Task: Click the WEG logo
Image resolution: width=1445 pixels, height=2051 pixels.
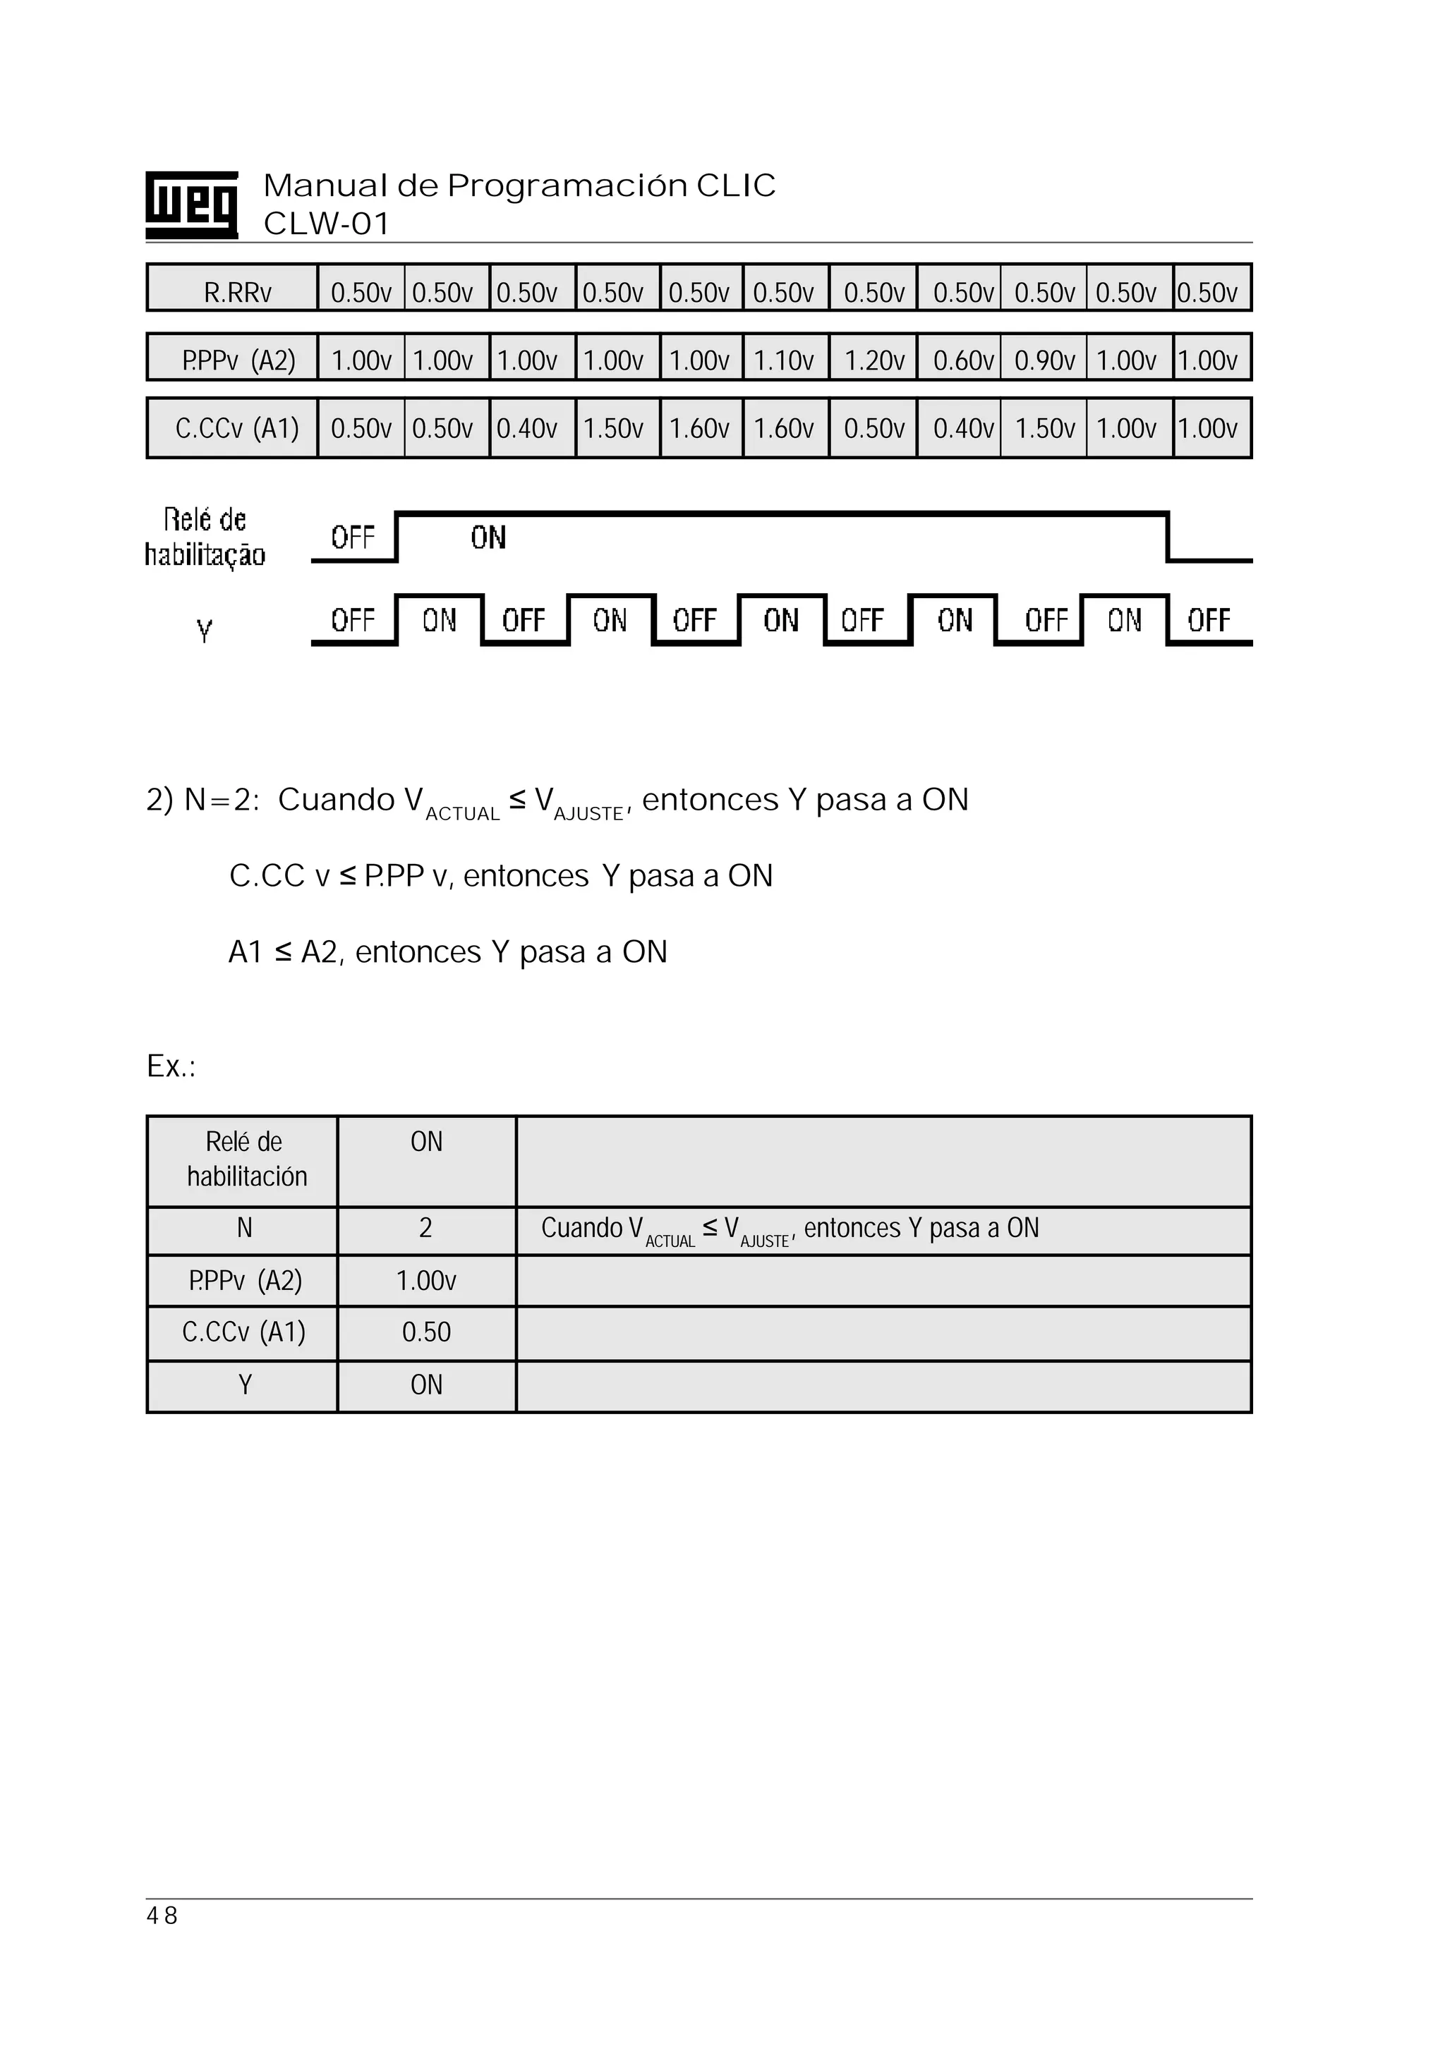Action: [191, 205]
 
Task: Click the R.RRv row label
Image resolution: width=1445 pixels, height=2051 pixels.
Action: [237, 292]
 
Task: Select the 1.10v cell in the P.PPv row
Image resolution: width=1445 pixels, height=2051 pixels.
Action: [784, 360]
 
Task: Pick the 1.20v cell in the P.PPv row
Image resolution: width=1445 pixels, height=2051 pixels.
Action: [874, 360]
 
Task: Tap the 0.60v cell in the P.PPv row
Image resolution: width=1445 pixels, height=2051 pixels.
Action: [962, 360]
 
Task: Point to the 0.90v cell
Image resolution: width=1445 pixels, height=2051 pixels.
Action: [1044, 360]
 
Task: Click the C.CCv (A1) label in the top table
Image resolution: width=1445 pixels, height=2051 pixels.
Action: [237, 429]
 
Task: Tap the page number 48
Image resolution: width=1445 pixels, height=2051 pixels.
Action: [162, 1915]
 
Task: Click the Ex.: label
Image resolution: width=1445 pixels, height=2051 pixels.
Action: [171, 1066]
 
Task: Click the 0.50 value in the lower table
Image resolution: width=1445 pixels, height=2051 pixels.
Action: [426, 1332]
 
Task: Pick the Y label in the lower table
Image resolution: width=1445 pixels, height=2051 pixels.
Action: [244, 1384]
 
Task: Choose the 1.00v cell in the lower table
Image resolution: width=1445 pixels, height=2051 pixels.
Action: [426, 1281]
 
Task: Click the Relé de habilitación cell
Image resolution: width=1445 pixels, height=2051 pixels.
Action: [244, 1159]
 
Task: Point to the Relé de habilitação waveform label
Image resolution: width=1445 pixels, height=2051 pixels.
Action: [205, 537]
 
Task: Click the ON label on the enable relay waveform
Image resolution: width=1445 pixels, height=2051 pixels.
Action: [488, 537]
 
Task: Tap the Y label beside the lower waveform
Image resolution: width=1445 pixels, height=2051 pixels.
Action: [205, 631]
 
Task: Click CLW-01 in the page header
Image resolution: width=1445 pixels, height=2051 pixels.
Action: [326, 224]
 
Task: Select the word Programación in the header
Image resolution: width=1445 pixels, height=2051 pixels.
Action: [567, 185]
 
